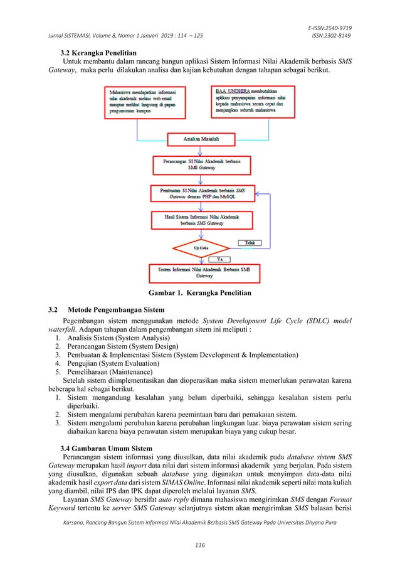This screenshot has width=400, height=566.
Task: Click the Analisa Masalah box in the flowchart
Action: (201, 138)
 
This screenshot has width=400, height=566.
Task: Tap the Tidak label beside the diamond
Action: (250, 242)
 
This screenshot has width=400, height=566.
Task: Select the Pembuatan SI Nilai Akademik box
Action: (201, 192)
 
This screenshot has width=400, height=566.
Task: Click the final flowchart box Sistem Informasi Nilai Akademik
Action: (201, 272)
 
